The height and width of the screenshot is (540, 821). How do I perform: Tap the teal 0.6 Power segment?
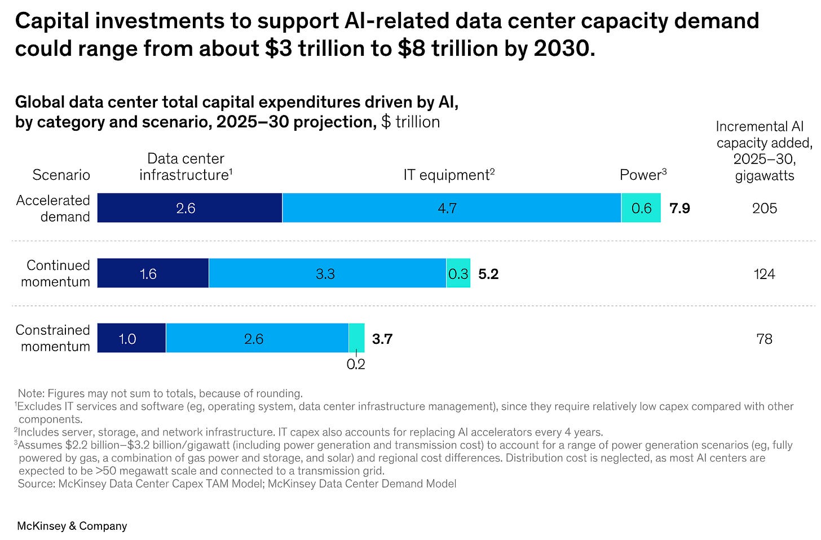click(641, 208)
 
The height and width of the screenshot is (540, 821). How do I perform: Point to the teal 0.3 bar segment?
click(458, 273)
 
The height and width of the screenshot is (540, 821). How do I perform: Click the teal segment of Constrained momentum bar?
click(357, 338)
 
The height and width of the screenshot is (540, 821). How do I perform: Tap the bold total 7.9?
click(679, 209)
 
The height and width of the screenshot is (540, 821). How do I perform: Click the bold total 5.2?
click(488, 274)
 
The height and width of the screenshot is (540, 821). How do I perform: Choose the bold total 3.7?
click(382, 339)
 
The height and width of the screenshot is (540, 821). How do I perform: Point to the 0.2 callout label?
click(356, 364)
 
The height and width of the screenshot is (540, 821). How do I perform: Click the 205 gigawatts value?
click(765, 209)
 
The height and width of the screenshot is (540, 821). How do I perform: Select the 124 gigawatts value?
click(765, 274)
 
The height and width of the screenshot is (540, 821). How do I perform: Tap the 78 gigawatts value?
click(765, 339)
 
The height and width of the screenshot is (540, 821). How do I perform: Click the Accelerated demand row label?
click(53, 209)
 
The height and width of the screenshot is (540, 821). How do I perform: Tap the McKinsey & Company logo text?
click(72, 526)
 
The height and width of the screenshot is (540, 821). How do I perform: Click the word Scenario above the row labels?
click(61, 175)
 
